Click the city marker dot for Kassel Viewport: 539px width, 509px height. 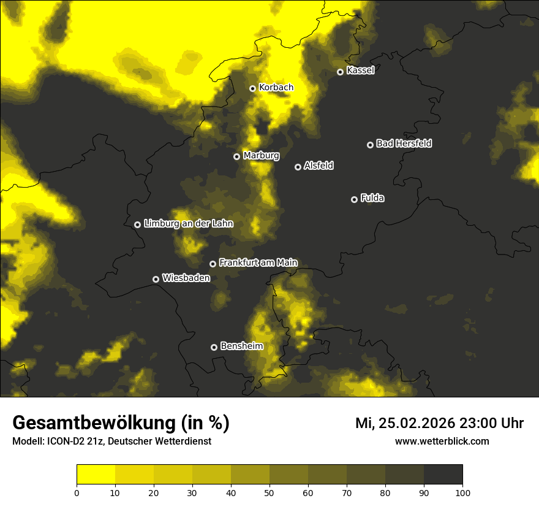(340, 72)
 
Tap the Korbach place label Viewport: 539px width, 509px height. (276, 88)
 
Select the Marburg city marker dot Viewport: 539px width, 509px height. (237, 156)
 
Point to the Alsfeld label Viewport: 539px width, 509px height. (318, 166)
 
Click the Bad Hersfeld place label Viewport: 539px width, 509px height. (404, 144)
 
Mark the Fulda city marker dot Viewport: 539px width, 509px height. (354, 199)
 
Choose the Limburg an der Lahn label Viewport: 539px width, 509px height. (188, 224)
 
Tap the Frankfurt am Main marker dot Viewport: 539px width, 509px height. (213, 264)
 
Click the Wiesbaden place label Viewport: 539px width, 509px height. (186, 278)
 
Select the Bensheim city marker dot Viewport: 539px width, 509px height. (214, 347)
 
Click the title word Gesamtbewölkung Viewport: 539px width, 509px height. (92, 423)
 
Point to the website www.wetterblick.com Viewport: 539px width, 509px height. (442, 441)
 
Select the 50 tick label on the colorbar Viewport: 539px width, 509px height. (269, 492)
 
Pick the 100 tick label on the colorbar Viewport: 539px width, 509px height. (462, 492)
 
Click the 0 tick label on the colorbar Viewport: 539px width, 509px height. (77, 492)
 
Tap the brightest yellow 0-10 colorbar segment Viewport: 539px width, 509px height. (96, 475)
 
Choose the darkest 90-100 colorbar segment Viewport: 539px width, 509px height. (443, 475)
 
